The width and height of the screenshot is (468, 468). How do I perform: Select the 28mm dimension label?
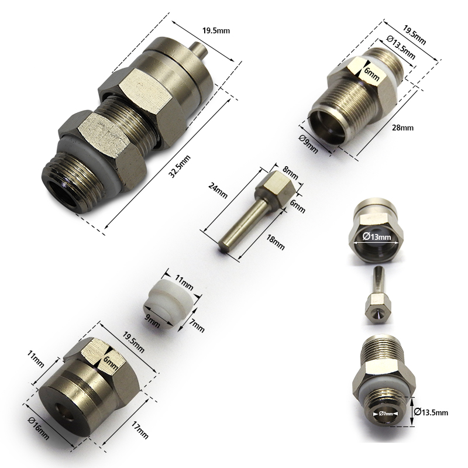tap(404, 128)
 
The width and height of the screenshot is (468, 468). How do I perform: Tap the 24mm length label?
tap(218, 191)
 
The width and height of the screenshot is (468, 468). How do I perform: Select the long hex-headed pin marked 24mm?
tap(246, 211)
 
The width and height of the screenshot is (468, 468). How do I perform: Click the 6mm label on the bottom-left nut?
tap(109, 363)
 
